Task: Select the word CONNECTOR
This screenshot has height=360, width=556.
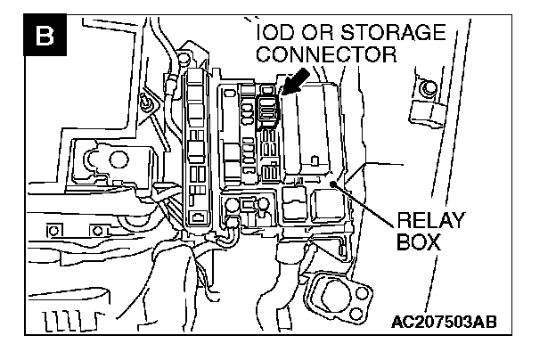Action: click(325, 55)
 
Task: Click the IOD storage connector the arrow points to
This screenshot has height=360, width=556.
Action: click(268, 109)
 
